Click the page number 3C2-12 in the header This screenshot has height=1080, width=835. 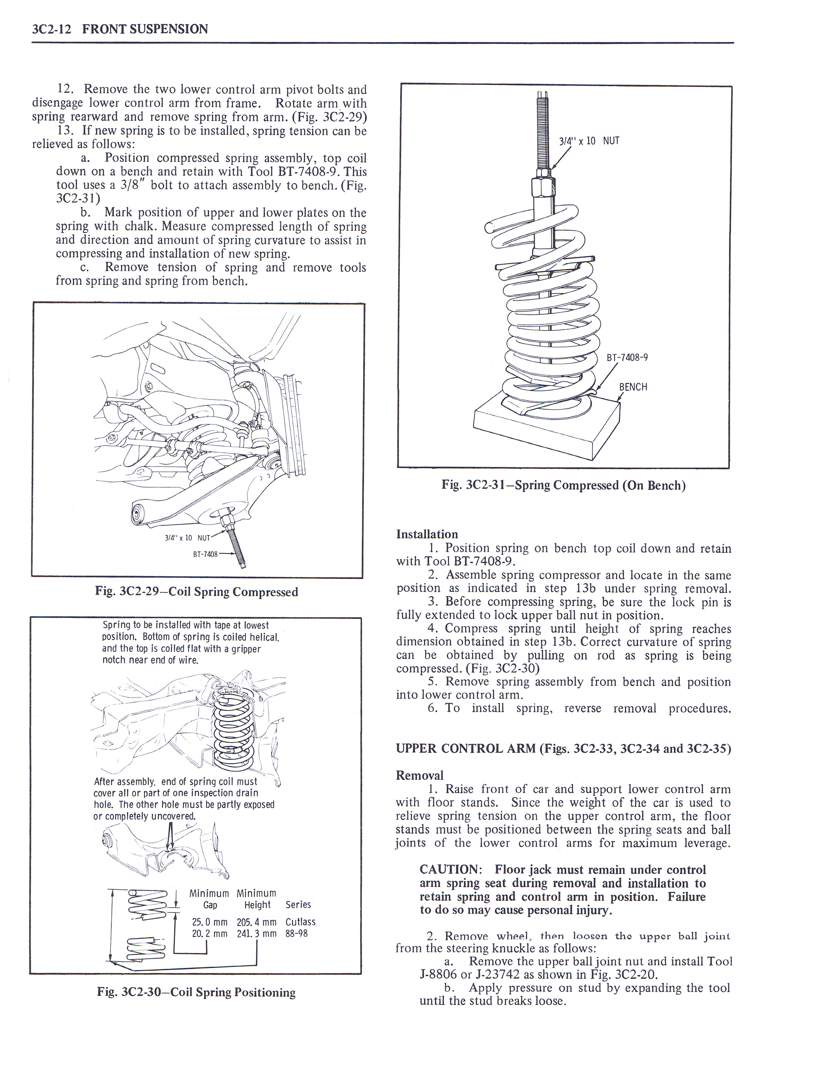click(51, 29)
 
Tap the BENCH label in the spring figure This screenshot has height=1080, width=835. click(633, 387)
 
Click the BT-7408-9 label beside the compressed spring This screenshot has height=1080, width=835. click(627, 357)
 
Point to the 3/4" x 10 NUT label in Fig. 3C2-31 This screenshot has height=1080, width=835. click(589, 141)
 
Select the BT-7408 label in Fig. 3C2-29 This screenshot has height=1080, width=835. click(205, 554)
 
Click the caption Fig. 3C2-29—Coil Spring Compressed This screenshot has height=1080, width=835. click(196, 592)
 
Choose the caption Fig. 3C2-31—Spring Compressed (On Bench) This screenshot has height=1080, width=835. click(564, 485)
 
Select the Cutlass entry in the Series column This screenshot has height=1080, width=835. click(300, 922)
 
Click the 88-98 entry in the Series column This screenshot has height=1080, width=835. click(296, 934)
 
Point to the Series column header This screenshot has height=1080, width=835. click(298, 905)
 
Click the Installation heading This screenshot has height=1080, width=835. click(427, 534)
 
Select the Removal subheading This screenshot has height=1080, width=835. click(419, 775)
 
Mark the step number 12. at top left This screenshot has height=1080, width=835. click(65, 89)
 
